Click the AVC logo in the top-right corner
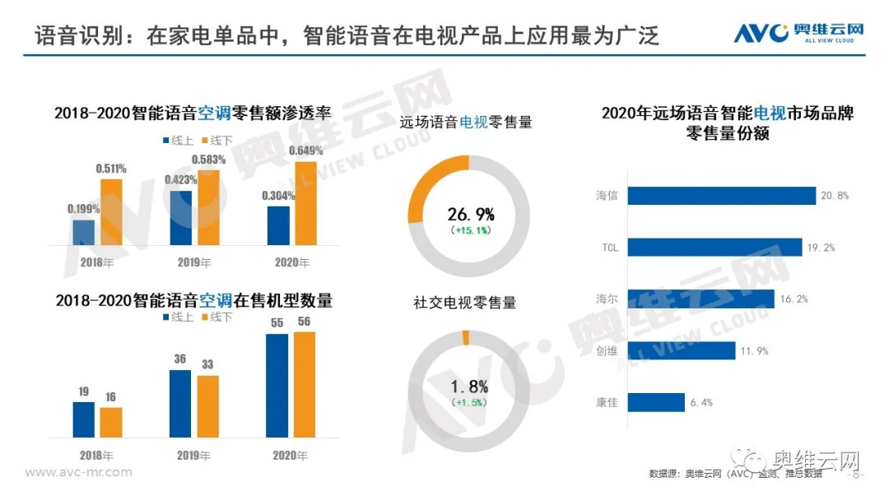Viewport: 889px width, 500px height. [x=798, y=33]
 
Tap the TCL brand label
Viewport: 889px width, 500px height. [x=609, y=247]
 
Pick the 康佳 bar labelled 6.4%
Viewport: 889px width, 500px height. [x=656, y=402]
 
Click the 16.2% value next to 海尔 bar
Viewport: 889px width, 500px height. [x=795, y=299]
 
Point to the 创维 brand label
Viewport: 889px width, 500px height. [x=607, y=351]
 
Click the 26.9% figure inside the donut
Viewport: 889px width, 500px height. [x=471, y=215]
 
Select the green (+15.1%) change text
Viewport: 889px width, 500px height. [x=471, y=231]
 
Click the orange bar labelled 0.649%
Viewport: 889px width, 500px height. [x=305, y=203]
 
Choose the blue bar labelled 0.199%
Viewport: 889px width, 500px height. [x=84, y=232]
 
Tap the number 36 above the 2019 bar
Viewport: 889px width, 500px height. [x=180, y=359]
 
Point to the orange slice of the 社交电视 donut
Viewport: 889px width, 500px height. [x=466, y=337]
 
